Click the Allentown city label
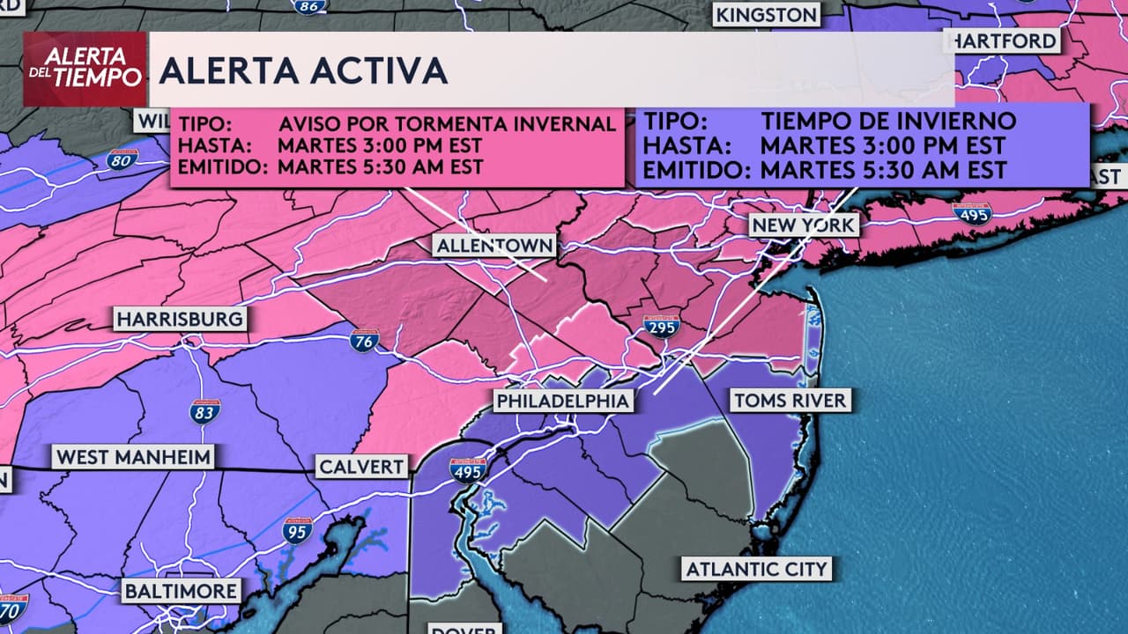point(495,246)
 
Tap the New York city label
point(803,225)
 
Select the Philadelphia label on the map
point(563,402)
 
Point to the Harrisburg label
point(180,319)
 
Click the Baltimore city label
point(181,591)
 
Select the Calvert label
point(361,467)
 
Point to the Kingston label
point(766,15)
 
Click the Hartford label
point(1004,41)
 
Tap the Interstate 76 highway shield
point(364,341)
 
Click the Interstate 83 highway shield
point(204,411)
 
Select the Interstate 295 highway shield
point(661,327)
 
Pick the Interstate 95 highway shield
point(298,531)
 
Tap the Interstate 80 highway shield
point(122,159)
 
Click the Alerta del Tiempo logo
point(85,69)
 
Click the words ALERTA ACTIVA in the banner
point(303,70)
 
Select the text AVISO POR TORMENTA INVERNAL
point(447,123)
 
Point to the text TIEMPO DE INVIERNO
point(888,121)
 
